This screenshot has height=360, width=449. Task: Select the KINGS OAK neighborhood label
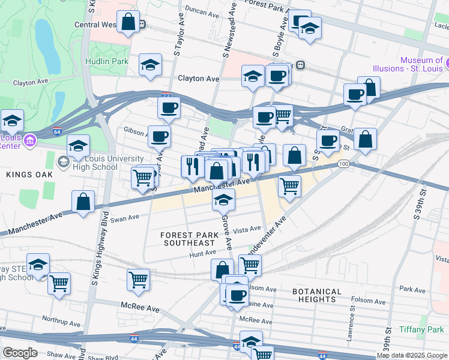[29, 174]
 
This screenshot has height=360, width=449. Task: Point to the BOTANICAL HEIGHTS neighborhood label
[317, 295]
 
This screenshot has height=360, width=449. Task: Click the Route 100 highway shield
[343, 164]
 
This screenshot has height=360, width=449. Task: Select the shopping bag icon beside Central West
[128, 22]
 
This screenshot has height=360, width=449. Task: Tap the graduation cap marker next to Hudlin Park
[150, 66]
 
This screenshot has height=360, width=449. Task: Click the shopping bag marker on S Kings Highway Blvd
[83, 203]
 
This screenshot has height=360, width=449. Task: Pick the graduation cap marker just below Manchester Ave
[223, 199]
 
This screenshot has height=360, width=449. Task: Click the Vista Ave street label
[247, 229]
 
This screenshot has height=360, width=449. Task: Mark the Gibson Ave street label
[135, 130]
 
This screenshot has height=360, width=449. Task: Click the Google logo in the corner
[20, 352]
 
